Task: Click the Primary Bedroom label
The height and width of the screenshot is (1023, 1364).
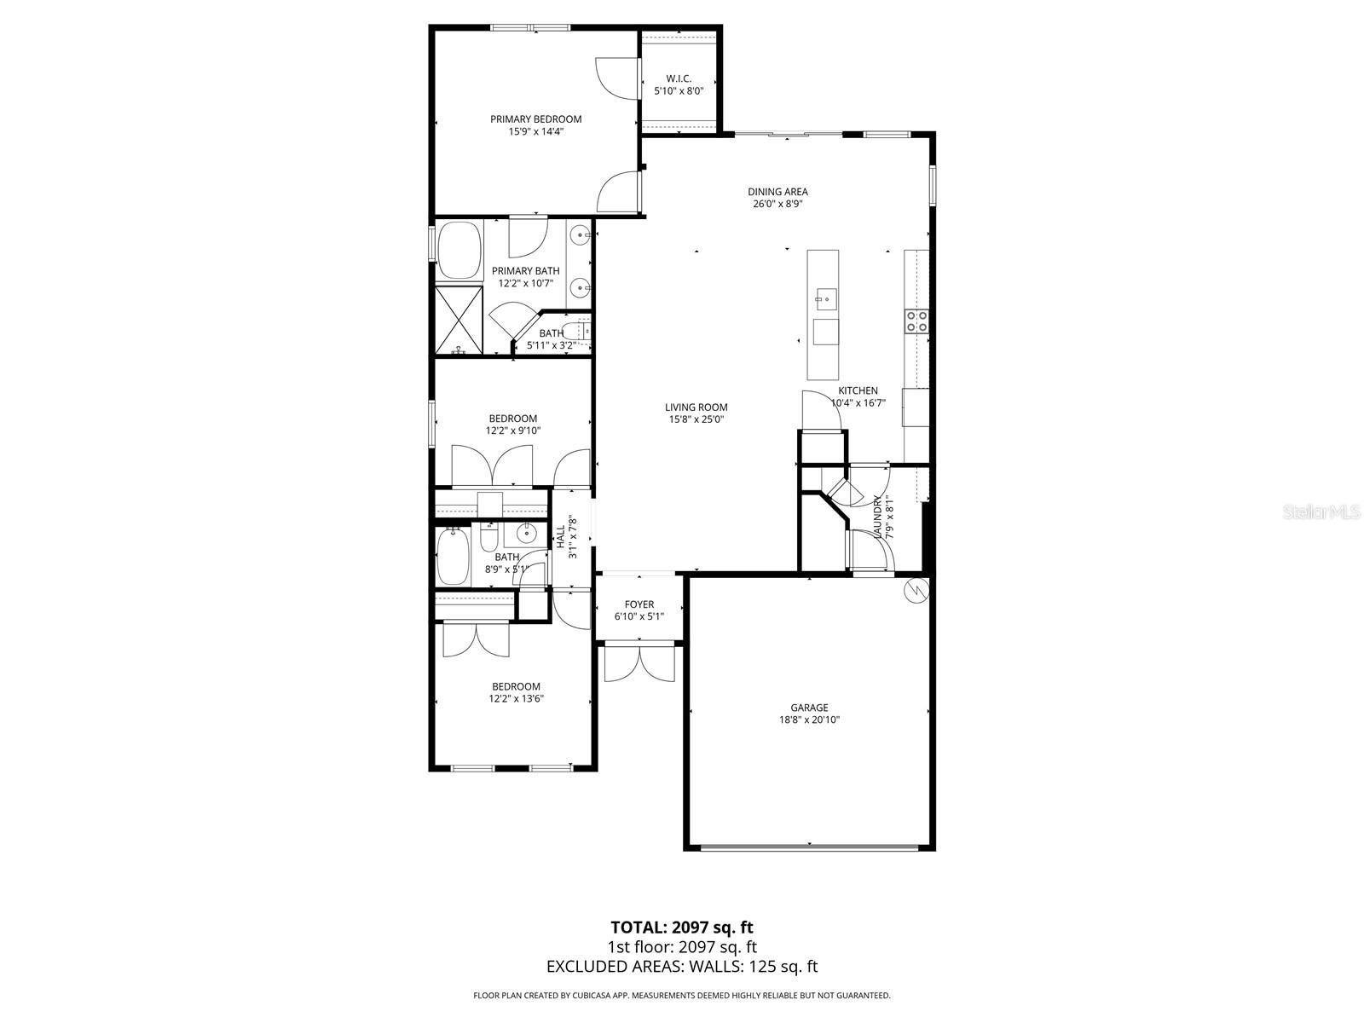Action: pos(535,119)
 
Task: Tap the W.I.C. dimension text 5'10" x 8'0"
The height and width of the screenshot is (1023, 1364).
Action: pos(679,90)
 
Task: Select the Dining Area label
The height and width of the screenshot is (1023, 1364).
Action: pos(777,192)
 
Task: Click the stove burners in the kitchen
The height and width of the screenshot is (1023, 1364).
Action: pos(916,321)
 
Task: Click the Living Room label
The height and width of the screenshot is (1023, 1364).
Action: pos(696,407)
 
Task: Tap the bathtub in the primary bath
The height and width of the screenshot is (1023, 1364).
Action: pos(459,251)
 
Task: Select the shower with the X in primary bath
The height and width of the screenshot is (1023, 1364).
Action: pos(459,321)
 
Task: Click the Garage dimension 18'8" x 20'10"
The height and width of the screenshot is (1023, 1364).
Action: pos(809,720)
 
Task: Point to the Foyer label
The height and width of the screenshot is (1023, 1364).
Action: pos(639,604)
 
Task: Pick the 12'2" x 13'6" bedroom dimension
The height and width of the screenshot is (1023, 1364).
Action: pos(516,698)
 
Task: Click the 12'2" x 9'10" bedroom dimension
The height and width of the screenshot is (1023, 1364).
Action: pos(513,431)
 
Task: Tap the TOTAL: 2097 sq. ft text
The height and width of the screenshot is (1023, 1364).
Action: pos(681,927)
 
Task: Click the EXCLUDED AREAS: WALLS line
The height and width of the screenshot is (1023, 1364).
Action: pos(681,966)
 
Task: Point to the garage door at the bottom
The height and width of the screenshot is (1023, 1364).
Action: pos(809,847)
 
